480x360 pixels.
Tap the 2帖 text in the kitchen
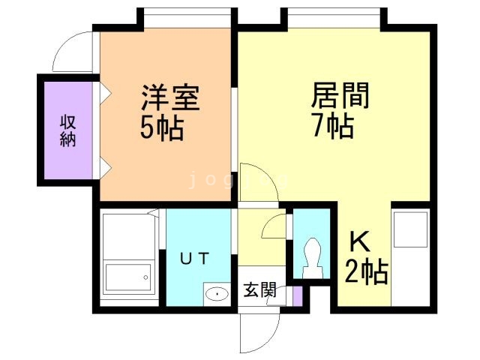click(x=367, y=272)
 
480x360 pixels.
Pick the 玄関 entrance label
click(x=259, y=290)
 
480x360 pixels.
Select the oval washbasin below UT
click(x=217, y=293)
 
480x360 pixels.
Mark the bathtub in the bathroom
click(x=128, y=277)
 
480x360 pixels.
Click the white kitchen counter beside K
click(x=410, y=258)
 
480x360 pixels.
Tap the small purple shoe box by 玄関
click(x=298, y=295)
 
